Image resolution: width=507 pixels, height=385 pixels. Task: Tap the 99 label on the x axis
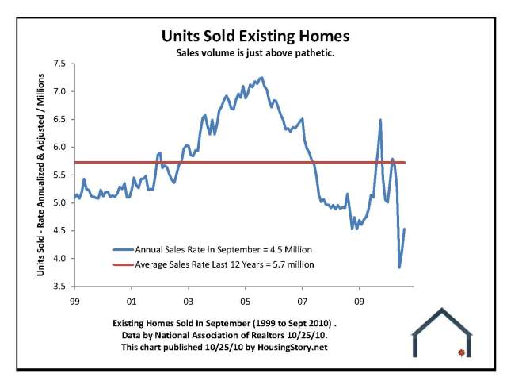[74, 302]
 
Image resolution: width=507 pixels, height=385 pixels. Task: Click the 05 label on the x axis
[246, 302]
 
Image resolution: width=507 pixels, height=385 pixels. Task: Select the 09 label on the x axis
[360, 302]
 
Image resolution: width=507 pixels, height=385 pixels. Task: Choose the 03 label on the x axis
[189, 302]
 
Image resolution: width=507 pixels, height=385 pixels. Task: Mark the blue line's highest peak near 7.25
[262, 78]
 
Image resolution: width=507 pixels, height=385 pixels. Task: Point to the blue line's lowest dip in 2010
[399, 268]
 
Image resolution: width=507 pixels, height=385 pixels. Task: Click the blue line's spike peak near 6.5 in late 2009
[380, 120]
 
